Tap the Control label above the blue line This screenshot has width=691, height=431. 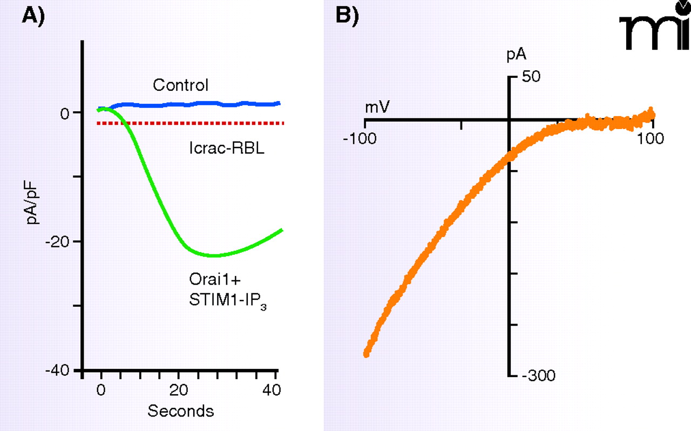(180, 85)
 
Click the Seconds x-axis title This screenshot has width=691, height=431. (181, 411)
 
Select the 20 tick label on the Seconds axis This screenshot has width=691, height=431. (180, 389)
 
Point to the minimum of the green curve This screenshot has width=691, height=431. (214, 255)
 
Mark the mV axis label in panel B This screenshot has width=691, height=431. (378, 107)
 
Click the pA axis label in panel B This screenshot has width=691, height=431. (517, 55)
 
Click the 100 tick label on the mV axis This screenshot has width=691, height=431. (652, 138)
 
